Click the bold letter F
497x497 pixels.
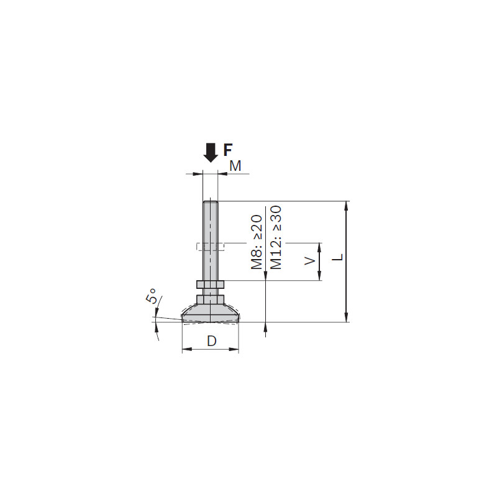(x=228, y=150)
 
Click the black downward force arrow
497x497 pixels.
(x=211, y=153)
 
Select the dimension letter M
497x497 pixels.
(x=235, y=166)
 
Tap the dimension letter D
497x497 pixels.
(x=211, y=341)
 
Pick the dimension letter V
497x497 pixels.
(x=309, y=260)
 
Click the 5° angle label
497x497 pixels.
(x=152, y=296)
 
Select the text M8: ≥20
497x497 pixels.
(x=257, y=242)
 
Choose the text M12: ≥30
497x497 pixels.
(x=276, y=237)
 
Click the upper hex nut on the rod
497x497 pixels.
(x=210, y=285)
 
